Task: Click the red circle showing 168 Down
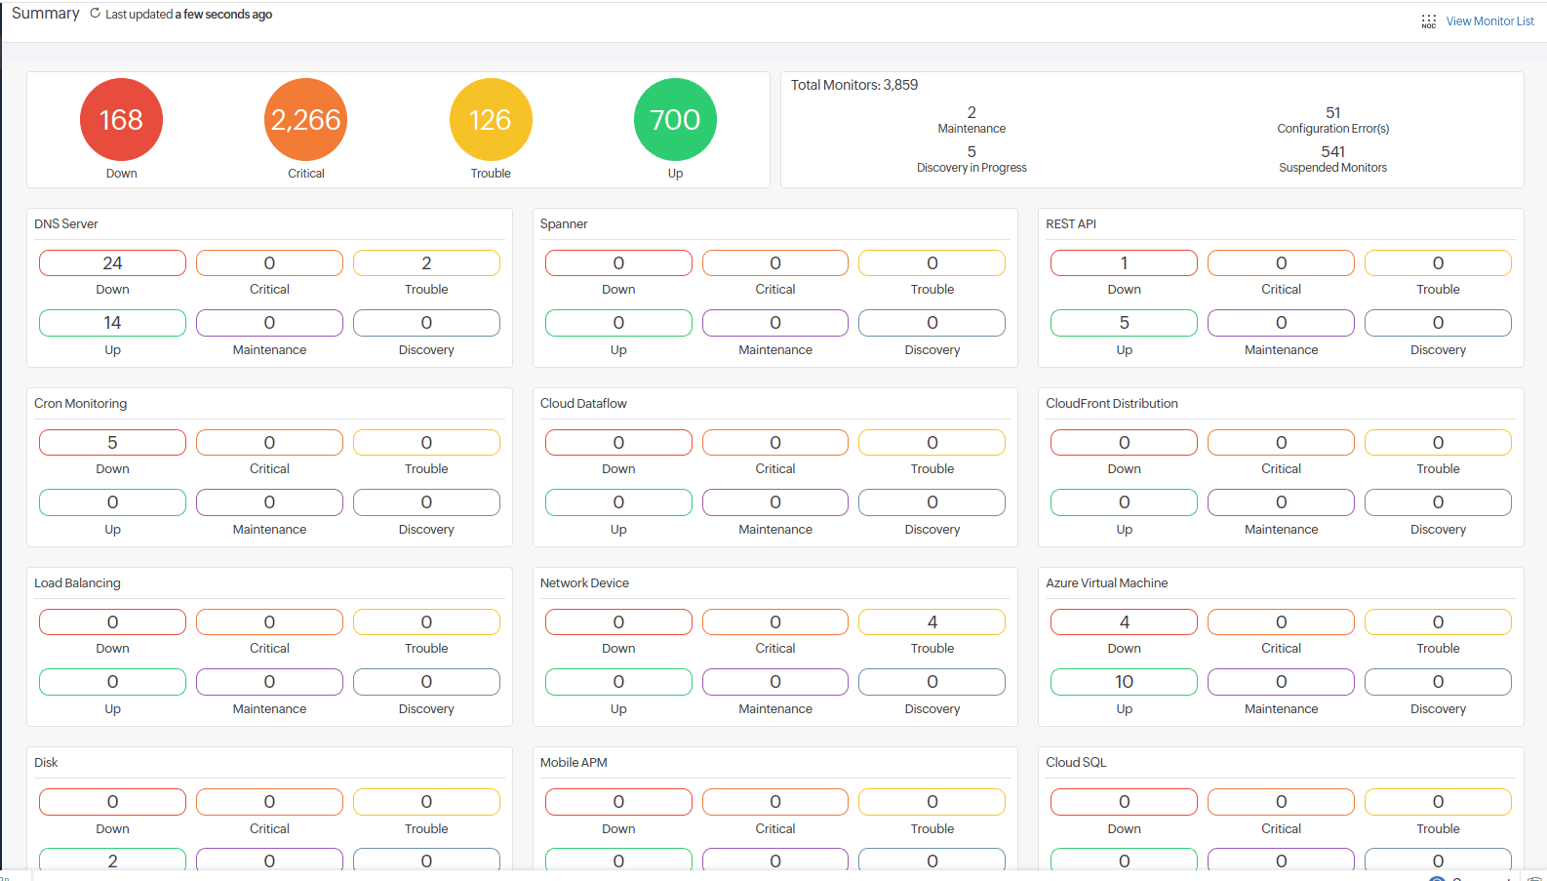pyautogui.click(x=121, y=119)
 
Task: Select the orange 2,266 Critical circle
pyautogui.click(x=305, y=119)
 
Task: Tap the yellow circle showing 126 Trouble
pyautogui.click(x=491, y=119)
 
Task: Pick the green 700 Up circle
pyautogui.click(x=675, y=119)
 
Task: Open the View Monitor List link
pyautogui.click(x=1489, y=21)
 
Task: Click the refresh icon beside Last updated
pyautogui.click(x=95, y=14)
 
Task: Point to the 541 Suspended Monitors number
pyautogui.click(x=1332, y=151)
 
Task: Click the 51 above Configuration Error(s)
pyautogui.click(x=1332, y=112)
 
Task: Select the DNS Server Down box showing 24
pyautogui.click(x=112, y=263)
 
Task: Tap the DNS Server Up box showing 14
pyautogui.click(x=112, y=323)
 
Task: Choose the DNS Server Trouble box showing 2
pyautogui.click(x=426, y=263)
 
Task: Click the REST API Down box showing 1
pyautogui.click(x=1124, y=263)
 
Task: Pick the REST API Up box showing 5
pyautogui.click(x=1124, y=323)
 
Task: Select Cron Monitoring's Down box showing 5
pyautogui.click(x=112, y=443)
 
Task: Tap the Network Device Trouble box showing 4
pyautogui.click(x=932, y=622)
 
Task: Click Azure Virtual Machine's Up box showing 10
pyautogui.click(x=1124, y=682)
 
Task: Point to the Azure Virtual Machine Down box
pyautogui.click(x=1124, y=622)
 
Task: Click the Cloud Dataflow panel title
pyautogui.click(x=583, y=404)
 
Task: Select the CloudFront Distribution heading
pyautogui.click(x=1112, y=404)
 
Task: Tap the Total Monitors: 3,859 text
pyautogui.click(x=854, y=85)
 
